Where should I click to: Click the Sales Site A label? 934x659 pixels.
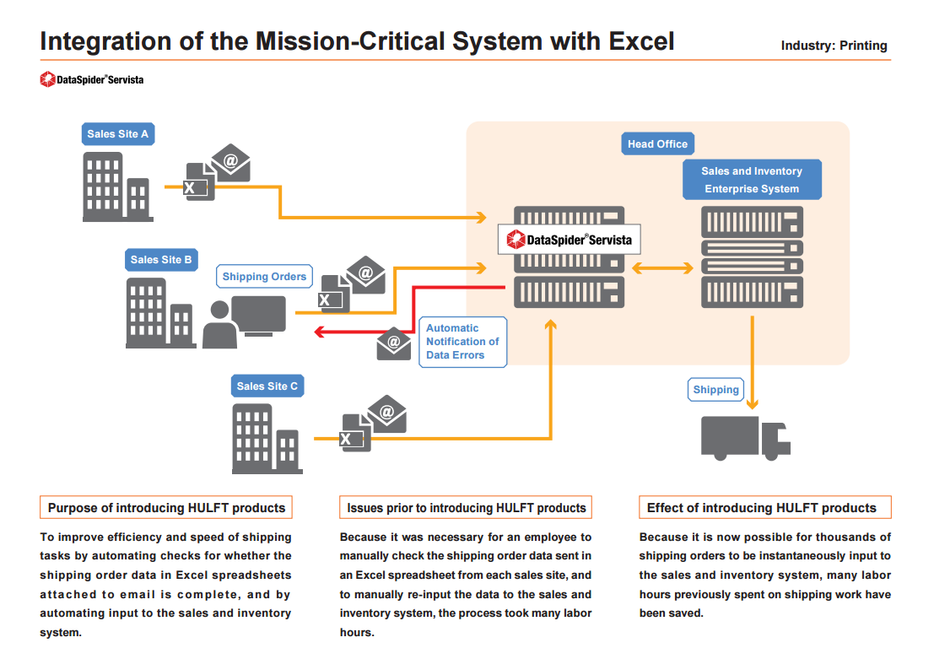click(x=118, y=133)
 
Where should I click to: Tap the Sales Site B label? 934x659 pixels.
click(x=161, y=260)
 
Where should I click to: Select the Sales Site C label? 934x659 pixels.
click(x=267, y=386)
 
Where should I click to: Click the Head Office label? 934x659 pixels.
click(x=657, y=143)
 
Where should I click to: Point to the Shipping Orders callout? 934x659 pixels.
click(x=264, y=277)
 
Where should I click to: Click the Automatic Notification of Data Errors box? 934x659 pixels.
click(x=462, y=342)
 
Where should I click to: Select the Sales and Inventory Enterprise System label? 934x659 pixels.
click(x=752, y=180)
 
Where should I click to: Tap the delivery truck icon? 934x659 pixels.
click(x=745, y=437)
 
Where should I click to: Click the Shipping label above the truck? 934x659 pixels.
click(x=715, y=389)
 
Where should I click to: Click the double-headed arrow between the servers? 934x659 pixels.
click(x=662, y=268)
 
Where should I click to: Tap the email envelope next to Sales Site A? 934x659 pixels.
click(x=230, y=163)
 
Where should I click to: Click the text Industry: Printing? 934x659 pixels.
click(x=834, y=46)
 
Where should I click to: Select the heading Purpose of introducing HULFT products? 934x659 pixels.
click(x=166, y=508)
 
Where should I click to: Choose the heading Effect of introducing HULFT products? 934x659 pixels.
click(x=761, y=508)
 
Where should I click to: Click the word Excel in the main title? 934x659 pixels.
click(x=635, y=41)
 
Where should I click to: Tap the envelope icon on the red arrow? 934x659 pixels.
click(x=394, y=343)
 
